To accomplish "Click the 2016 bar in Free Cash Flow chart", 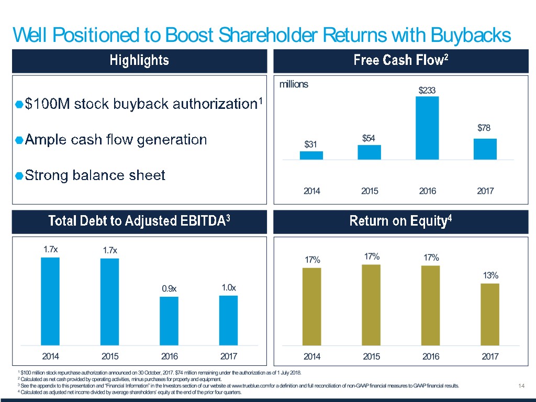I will click(427, 128).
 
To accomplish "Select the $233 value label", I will click(427, 90).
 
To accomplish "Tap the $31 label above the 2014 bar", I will click(311, 144).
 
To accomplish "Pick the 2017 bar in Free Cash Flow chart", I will click(485, 149).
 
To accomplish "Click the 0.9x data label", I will click(169, 288).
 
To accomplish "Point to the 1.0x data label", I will click(229, 287).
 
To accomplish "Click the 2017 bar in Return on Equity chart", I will click(490, 314).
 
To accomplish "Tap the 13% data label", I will click(490, 275).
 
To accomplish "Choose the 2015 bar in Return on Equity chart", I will click(371, 305).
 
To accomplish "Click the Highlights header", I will click(139, 61).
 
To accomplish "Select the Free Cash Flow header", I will click(401, 61).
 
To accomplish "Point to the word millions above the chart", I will click(294, 84).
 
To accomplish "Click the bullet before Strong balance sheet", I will click(19, 176).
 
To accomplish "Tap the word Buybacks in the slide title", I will click(471, 35).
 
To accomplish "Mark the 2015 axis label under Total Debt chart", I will click(110, 357).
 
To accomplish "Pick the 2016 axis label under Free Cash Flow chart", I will click(427, 191).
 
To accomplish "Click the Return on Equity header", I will click(401, 221).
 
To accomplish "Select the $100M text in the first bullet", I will click(47, 105).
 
